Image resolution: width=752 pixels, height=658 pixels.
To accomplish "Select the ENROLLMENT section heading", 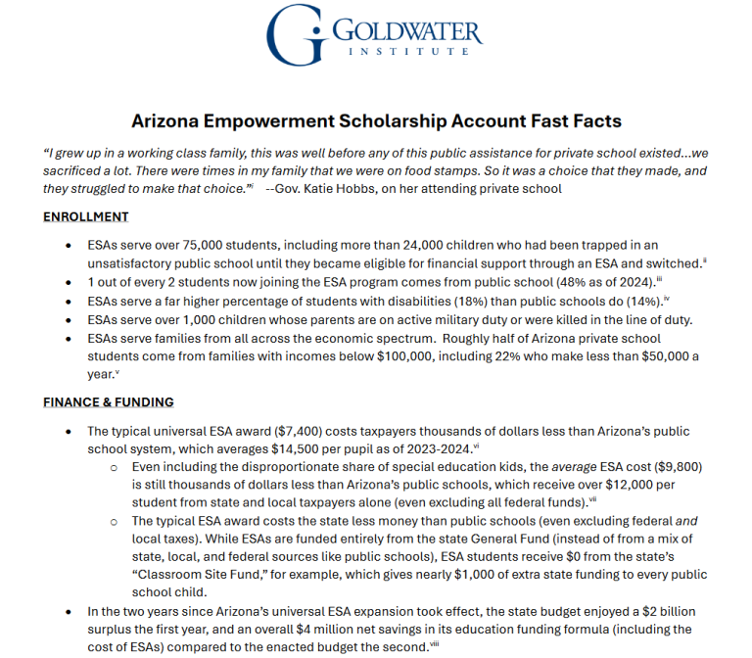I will [85, 216].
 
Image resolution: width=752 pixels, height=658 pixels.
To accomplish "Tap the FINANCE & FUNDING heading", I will [109, 401].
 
